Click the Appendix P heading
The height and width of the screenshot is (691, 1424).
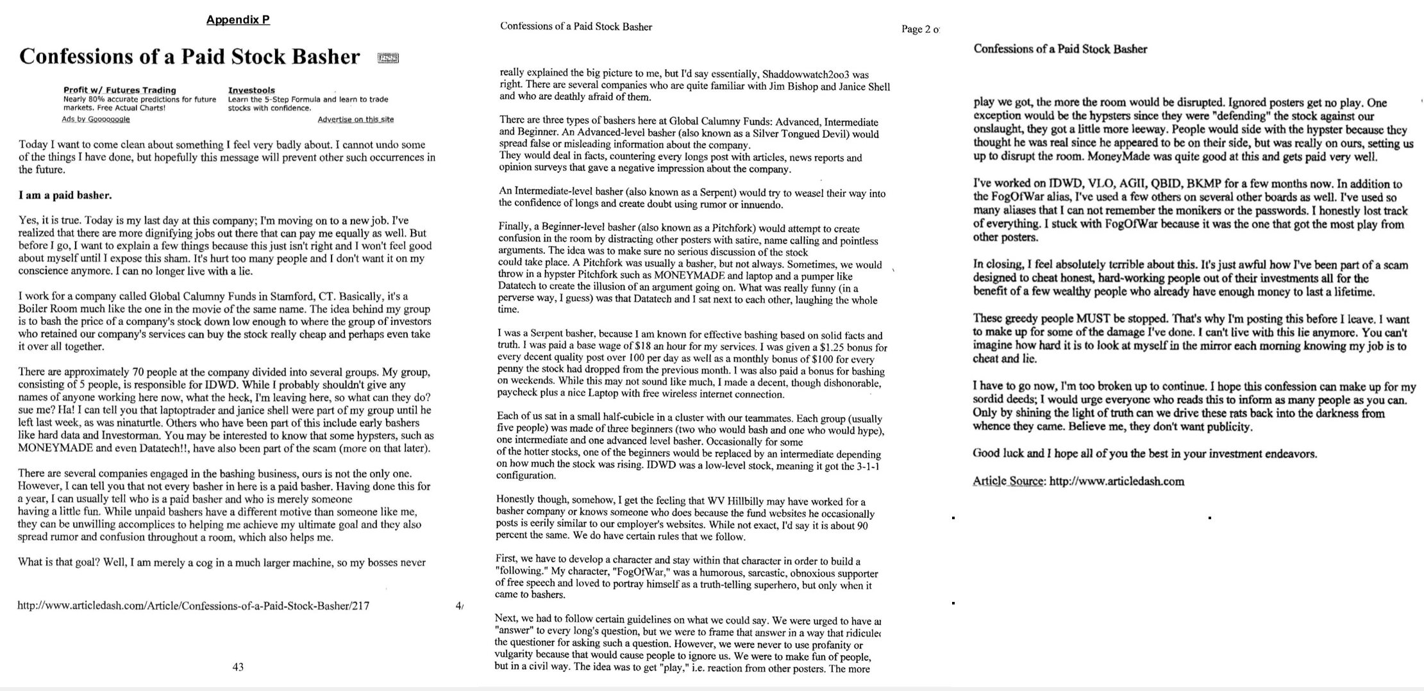(x=238, y=20)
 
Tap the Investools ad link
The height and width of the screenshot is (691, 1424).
(x=251, y=90)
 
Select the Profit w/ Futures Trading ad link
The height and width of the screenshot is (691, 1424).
(x=119, y=90)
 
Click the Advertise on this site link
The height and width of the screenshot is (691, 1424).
(x=355, y=119)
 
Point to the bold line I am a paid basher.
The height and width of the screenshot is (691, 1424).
(x=65, y=195)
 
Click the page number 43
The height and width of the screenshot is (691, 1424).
(x=238, y=667)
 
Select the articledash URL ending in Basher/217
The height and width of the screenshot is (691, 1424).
(x=193, y=605)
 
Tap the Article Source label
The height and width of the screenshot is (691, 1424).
(x=1009, y=481)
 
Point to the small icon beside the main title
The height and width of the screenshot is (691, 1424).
(x=388, y=58)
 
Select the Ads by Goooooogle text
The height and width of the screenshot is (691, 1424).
(x=96, y=119)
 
